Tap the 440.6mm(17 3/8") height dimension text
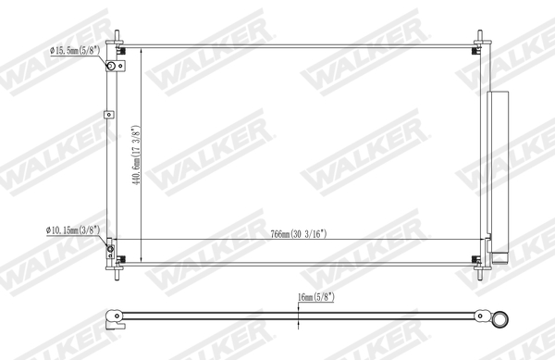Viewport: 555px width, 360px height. click(x=135, y=155)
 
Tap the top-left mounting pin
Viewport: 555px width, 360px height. click(x=117, y=38)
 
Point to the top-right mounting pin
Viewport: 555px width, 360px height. click(x=480, y=38)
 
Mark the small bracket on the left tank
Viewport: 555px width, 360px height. click(x=109, y=115)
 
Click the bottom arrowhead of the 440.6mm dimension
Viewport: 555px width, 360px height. click(x=140, y=258)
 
